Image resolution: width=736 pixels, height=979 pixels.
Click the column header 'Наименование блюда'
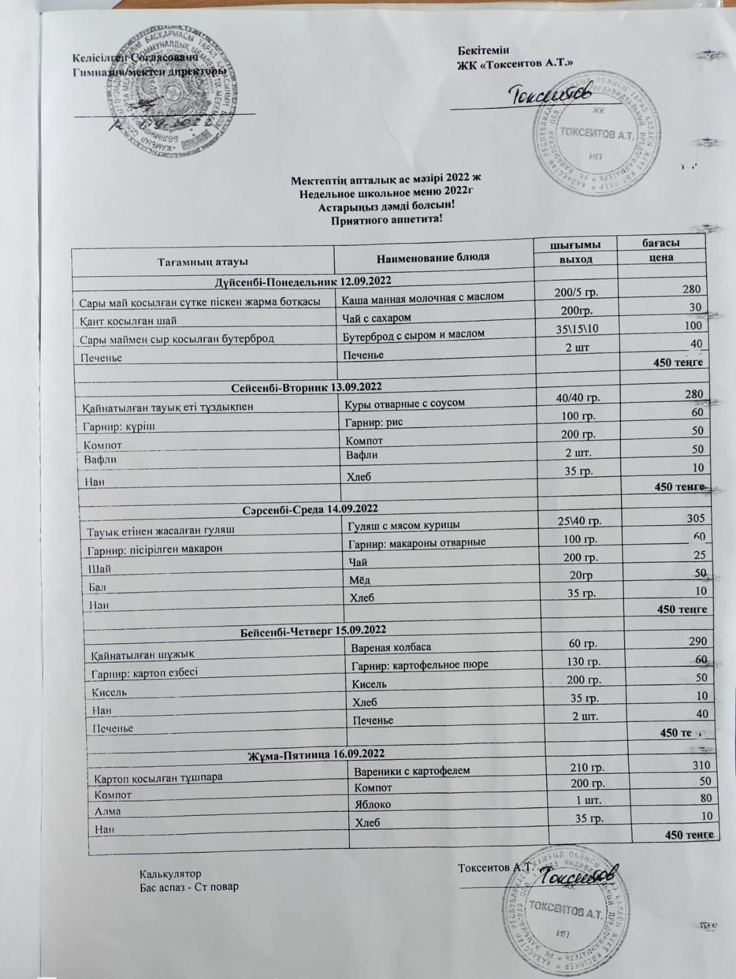[x=433, y=256]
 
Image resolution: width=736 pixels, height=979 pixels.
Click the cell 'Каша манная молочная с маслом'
[x=423, y=297]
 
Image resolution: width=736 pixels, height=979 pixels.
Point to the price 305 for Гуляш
[x=695, y=518]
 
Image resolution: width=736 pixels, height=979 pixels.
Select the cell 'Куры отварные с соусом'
[x=404, y=403]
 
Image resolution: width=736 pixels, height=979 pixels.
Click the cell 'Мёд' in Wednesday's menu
[x=359, y=579]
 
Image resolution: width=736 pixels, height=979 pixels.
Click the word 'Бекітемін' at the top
[x=483, y=50]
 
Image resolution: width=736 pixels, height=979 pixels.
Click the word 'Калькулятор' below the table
[x=170, y=874]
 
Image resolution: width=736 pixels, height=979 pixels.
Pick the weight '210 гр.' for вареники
[x=587, y=767]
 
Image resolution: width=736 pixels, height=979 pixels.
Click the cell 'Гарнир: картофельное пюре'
[x=420, y=664]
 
